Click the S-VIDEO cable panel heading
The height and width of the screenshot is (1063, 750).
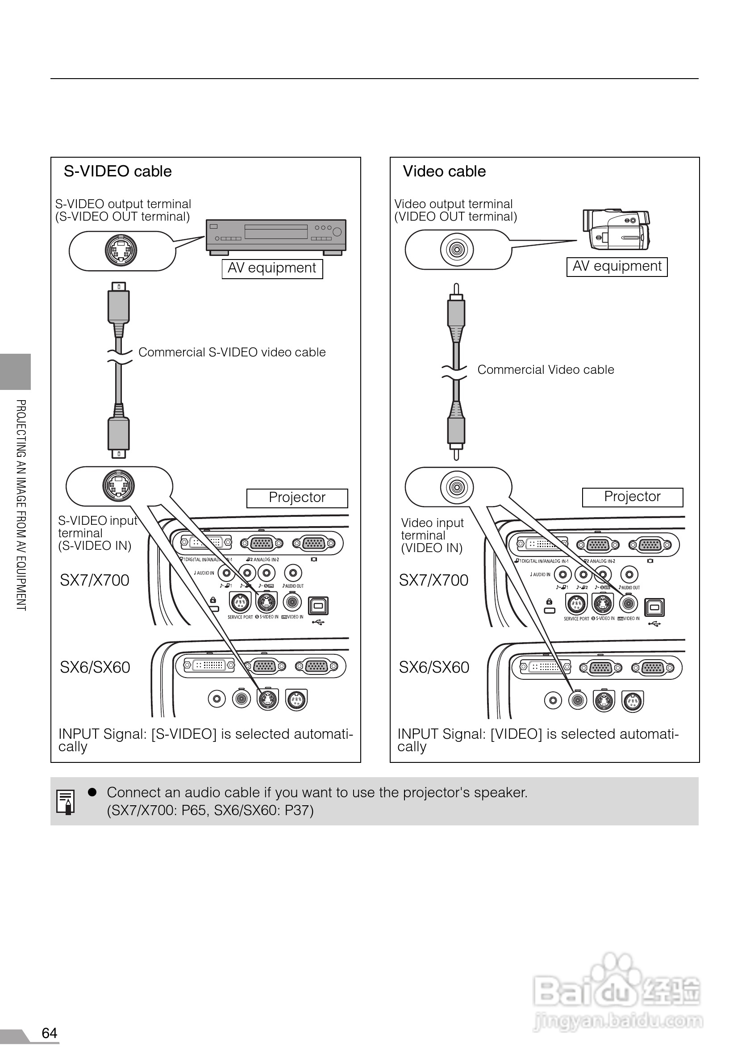click(117, 172)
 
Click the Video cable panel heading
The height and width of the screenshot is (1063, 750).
click(444, 172)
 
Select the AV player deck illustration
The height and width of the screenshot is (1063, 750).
click(276, 237)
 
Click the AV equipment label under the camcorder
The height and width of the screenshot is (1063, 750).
click(617, 267)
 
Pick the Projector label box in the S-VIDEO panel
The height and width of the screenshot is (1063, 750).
click(297, 498)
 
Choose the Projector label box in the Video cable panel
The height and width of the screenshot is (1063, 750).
click(632, 497)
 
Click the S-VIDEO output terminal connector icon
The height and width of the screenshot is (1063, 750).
click(121, 251)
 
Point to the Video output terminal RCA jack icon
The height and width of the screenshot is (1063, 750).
click(457, 250)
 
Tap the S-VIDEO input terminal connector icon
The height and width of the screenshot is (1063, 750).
click(118, 485)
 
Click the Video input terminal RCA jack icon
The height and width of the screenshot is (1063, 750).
click(457, 487)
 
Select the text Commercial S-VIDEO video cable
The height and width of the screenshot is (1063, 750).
click(232, 352)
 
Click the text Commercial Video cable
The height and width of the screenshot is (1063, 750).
click(546, 369)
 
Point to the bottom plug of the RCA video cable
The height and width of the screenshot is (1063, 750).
click(456, 433)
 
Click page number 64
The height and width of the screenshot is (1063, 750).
click(50, 1033)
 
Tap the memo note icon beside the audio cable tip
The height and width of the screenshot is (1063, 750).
click(65, 801)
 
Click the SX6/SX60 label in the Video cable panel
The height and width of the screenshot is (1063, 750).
click(433, 667)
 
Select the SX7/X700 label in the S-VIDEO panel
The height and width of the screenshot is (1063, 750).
click(94, 580)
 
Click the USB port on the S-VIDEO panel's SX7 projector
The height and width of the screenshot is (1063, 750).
click(318, 606)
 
